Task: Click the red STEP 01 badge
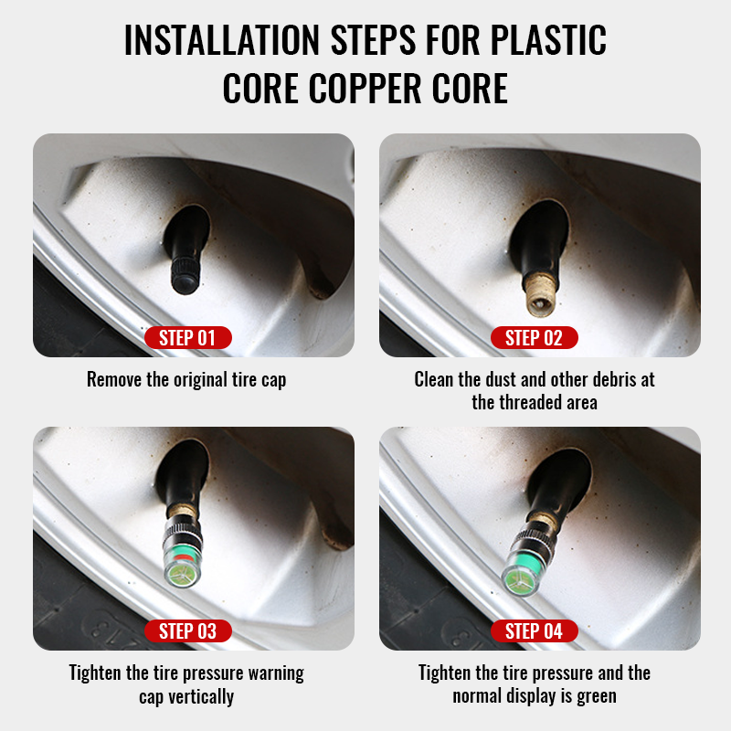(188, 337)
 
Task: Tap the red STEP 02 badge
(535, 337)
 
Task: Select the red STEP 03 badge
(188, 630)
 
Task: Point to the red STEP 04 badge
(535, 630)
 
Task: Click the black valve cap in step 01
(184, 276)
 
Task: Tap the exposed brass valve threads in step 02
(540, 294)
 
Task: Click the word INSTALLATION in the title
(222, 40)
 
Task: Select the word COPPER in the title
(365, 89)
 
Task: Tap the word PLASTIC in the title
(548, 40)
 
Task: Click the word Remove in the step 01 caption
(114, 379)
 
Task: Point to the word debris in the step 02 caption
(614, 379)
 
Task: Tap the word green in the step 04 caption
(597, 696)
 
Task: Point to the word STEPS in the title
(373, 40)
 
